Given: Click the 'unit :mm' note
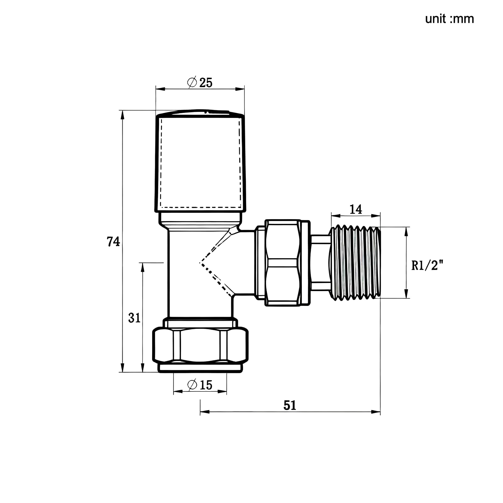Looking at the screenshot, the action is (x=449, y=19).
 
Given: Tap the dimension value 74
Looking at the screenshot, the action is (x=113, y=242).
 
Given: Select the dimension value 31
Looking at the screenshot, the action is (x=134, y=318).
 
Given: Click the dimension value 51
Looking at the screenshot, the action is (x=290, y=406).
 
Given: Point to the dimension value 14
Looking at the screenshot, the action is (x=356, y=209).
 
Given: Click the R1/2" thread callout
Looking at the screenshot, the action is (x=427, y=266).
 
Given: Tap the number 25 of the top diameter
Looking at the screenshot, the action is (x=206, y=83).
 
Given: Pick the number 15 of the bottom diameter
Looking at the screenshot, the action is (x=206, y=385).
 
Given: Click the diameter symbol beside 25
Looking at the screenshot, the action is (x=192, y=82).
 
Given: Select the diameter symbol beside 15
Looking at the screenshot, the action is (x=192, y=384).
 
